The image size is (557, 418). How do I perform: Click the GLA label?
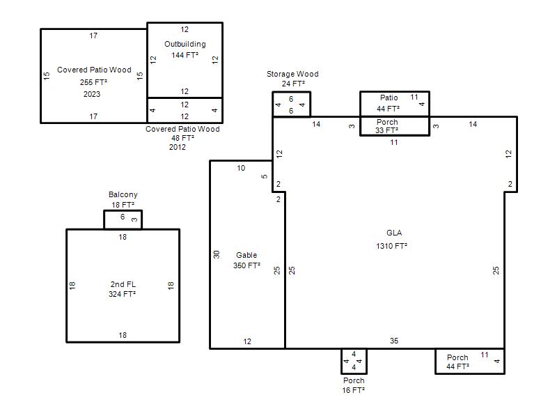[x=394, y=233]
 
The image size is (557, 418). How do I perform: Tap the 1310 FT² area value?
[x=391, y=246]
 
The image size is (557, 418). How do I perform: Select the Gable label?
[x=246, y=255]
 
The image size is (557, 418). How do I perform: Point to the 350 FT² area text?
[x=247, y=265]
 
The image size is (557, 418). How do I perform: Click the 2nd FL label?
[x=123, y=284]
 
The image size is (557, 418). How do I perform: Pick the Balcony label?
[x=123, y=194]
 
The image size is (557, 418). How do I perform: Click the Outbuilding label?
[x=185, y=44]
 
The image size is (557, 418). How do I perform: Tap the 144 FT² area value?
[x=185, y=55]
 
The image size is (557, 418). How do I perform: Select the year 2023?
[x=92, y=94]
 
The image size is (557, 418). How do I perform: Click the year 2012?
[x=178, y=147]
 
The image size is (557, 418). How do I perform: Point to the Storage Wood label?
[x=292, y=74]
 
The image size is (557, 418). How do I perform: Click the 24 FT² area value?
[x=293, y=84]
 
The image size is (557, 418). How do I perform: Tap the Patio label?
[x=389, y=98]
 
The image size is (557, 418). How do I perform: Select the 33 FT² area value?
[x=387, y=130]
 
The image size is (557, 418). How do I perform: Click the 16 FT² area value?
[x=354, y=390]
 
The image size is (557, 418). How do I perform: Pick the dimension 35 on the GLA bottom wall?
[x=394, y=341]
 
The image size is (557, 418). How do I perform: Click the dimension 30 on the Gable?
[x=217, y=254]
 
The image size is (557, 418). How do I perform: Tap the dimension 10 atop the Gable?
[x=241, y=168]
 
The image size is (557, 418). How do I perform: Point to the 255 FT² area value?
[x=93, y=82]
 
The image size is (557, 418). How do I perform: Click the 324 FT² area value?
[x=123, y=294]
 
